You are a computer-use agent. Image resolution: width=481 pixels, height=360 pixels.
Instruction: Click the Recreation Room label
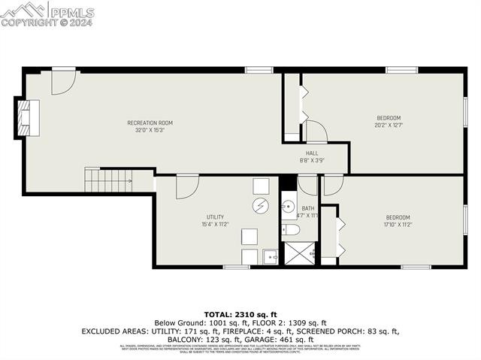point(150,123)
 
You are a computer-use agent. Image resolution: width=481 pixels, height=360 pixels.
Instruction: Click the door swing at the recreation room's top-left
point(62,83)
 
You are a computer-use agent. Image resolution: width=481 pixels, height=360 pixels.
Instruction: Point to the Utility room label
point(215,217)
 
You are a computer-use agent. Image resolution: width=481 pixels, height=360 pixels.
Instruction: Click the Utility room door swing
point(187,186)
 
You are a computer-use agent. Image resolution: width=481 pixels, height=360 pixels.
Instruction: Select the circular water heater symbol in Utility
point(259,205)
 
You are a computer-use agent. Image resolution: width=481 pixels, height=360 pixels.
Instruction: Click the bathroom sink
point(289,204)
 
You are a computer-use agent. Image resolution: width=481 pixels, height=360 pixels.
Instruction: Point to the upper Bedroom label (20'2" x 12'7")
point(389,118)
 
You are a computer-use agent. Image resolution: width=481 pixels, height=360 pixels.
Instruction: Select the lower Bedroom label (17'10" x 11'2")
point(398,217)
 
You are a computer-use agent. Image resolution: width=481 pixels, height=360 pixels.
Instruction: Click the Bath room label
point(308,209)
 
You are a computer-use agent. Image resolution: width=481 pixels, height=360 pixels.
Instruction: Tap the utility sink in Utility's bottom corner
point(270,257)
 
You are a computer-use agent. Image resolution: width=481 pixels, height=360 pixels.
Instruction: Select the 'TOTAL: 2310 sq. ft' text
point(240,313)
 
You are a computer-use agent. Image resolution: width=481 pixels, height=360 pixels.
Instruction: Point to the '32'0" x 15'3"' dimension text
point(150,130)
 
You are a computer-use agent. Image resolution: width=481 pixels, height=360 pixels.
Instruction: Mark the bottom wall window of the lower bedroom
point(416,267)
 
